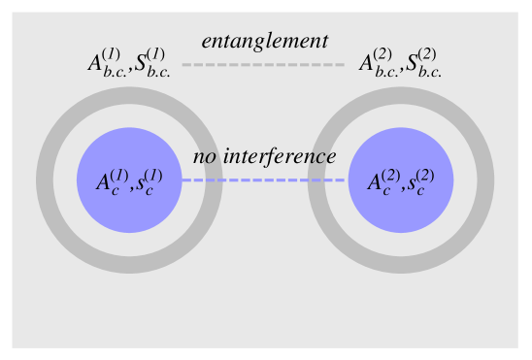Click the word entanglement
click(x=264, y=41)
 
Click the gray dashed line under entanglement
click(x=263, y=65)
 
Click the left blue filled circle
click(x=129, y=209)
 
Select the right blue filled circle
click(x=401, y=209)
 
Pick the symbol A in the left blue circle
click(x=102, y=182)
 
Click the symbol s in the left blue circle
click(x=147, y=184)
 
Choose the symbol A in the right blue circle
click(x=374, y=182)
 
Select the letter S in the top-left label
click(x=142, y=65)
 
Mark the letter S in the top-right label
click(x=413, y=65)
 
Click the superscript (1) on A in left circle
click(x=119, y=175)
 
